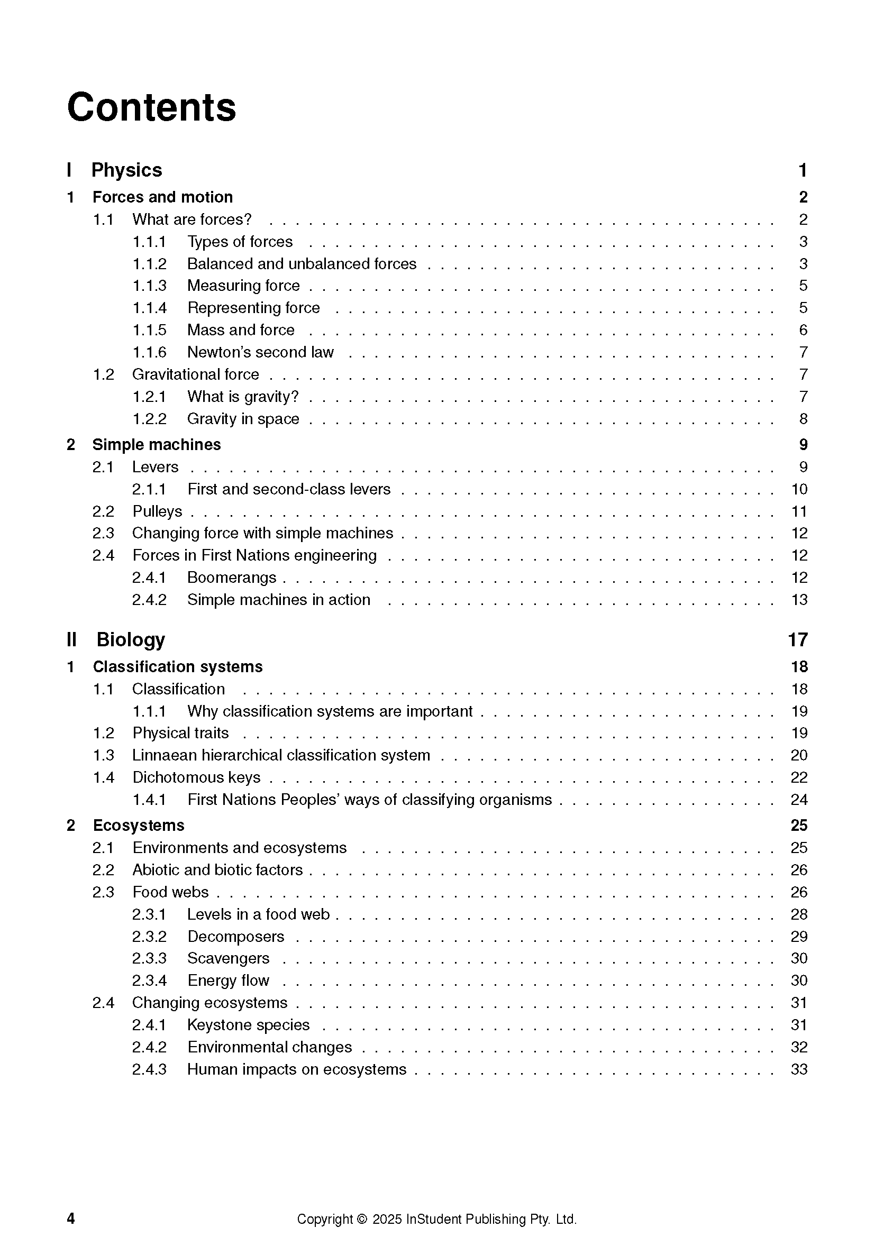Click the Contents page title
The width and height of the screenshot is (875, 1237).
point(151,107)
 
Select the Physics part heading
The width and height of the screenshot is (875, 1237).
point(126,170)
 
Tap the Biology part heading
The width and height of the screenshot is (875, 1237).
point(130,639)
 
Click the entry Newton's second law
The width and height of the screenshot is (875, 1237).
point(260,352)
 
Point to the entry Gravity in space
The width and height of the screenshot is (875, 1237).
point(243,419)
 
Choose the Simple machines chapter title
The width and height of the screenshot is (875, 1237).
point(156,445)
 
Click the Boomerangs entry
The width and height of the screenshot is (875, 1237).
point(232,578)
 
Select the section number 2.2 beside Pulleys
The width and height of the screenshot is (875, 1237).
point(103,511)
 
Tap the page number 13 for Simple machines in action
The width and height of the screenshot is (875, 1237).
point(799,600)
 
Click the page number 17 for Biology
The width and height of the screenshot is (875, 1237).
point(798,640)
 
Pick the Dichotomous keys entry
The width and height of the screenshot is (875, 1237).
point(196,777)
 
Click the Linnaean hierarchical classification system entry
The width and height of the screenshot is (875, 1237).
point(281,755)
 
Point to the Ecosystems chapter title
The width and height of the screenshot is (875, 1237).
point(139,826)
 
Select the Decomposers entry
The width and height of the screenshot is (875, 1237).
point(235,937)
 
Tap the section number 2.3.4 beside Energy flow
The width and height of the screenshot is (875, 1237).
point(149,981)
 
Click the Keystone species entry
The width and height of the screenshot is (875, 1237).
point(249,1025)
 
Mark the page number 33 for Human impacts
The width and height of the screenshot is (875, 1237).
point(799,1069)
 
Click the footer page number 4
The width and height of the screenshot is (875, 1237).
point(70,1218)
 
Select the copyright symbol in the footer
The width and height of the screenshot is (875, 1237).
point(361,1219)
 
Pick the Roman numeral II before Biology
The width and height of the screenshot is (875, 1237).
point(71,640)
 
